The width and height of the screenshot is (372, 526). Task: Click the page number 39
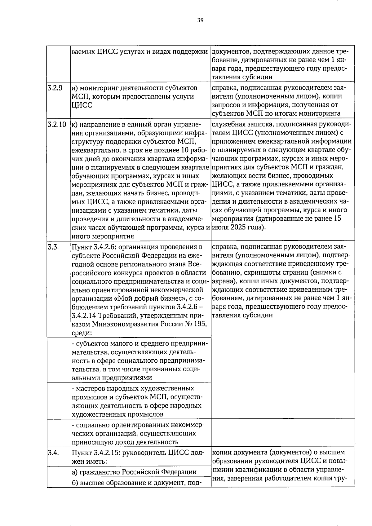tap(200, 20)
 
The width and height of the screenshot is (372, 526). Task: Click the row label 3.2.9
tap(55, 88)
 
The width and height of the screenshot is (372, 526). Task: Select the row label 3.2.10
tap(57, 125)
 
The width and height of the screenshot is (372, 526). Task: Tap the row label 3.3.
tap(53, 247)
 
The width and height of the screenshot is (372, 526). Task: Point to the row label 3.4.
tap(53, 453)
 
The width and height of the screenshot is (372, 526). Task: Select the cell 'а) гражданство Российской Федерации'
tap(134, 472)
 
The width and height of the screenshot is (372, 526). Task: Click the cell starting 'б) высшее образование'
tap(134, 483)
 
